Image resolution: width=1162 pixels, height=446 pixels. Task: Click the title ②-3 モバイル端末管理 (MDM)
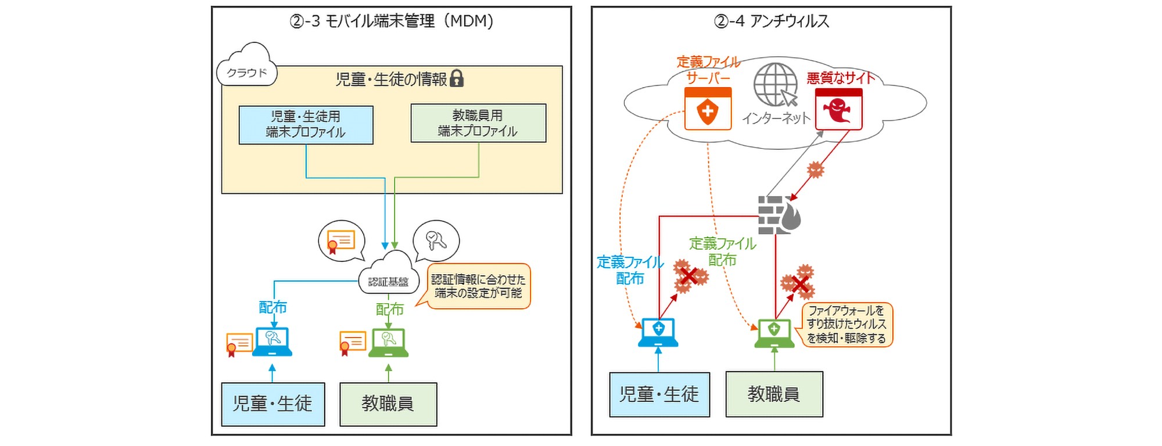(x=391, y=21)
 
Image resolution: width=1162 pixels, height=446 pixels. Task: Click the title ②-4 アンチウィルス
(x=771, y=21)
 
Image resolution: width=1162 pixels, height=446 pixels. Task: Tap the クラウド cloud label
(x=247, y=72)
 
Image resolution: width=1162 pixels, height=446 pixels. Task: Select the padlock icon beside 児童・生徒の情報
(x=457, y=78)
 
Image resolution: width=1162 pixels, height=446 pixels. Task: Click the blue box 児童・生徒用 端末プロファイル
(x=306, y=124)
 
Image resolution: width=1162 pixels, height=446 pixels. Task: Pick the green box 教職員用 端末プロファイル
(x=478, y=123)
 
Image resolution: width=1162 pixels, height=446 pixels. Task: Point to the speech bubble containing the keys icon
(x=436, y=239)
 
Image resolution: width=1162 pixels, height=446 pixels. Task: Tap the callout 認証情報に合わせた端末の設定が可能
(x=478, y=286)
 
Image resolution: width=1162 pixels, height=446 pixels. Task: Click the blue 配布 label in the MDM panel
(x=272, y=307)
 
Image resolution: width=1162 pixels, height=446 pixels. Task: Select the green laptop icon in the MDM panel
(x=389, y=343)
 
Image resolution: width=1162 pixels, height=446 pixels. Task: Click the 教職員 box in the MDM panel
(x=388, y=404)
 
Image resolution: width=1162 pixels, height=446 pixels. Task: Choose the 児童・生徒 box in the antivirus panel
(x=659, y=395)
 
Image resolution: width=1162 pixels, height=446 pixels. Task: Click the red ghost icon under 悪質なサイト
(x=838, y=110)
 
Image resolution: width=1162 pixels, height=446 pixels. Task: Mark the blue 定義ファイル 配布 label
(x=630, y=270)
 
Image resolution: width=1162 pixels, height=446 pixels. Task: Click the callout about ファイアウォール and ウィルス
(x=846, y=325)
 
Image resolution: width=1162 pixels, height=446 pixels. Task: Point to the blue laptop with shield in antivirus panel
(x=658, y=332)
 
